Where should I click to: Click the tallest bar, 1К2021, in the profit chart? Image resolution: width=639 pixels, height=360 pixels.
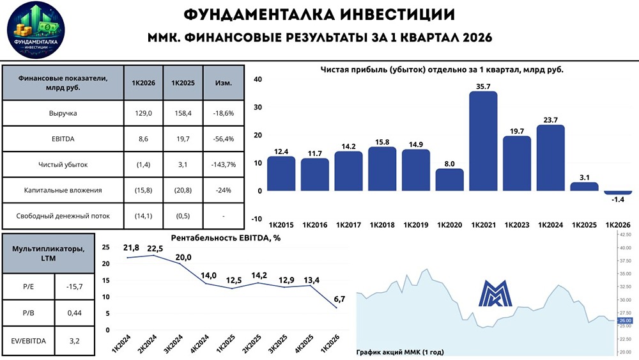pos(483,141)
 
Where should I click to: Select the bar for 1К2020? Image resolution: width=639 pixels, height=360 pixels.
pos(449,180)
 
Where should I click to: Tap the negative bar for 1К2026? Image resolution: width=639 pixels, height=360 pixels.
pos(618,192)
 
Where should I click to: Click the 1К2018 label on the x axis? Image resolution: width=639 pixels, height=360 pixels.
pos(382,225)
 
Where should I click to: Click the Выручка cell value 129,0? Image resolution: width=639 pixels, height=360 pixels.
pos(144,113)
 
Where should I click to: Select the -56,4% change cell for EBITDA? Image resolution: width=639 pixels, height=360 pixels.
pos(224,139)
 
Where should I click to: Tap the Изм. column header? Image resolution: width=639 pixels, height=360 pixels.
pos(224,82)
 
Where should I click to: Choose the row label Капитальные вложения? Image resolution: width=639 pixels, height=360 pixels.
pos(63,190)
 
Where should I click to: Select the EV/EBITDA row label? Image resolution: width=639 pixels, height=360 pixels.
pos(29,341)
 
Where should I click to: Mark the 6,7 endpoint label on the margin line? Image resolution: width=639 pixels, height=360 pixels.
pos(339,299)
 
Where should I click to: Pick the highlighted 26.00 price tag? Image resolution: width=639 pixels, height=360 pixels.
pos(624,320)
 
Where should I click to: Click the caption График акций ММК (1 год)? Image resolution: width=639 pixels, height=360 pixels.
pos(399,352)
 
